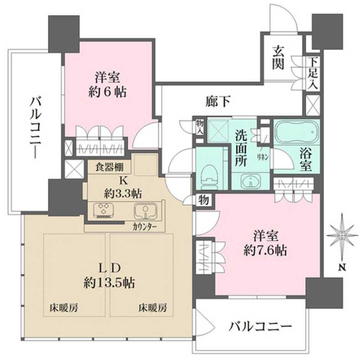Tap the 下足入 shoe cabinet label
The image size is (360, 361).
point(313,73)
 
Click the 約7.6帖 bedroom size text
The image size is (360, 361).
point(264,249)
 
